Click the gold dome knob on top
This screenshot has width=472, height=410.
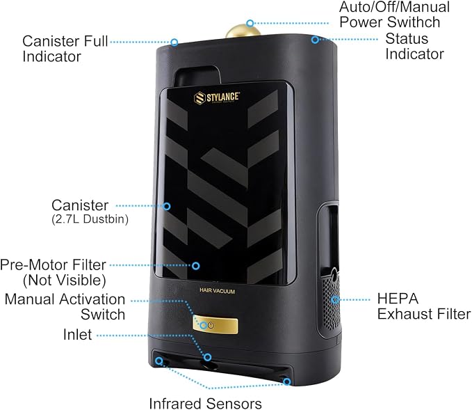243,31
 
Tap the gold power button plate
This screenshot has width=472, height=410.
215,326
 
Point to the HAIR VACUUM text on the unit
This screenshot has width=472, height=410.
217,291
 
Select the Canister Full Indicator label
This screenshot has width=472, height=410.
65,49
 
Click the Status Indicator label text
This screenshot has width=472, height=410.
414,46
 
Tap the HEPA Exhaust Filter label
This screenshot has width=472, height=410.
424,306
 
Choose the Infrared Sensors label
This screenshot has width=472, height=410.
205,403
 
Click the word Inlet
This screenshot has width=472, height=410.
77,334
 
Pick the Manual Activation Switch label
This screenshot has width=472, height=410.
65,307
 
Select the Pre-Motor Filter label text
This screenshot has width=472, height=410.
54,273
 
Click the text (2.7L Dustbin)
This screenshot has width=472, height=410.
90,219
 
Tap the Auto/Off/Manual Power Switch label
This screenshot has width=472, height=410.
394,15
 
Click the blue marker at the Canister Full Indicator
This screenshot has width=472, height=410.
174,42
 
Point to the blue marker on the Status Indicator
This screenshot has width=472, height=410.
315,40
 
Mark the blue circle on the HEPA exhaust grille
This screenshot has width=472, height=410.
335,299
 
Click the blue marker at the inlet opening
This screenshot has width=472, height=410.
207,357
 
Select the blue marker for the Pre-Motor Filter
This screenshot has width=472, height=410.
196,266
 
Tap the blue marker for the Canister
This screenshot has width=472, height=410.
167,206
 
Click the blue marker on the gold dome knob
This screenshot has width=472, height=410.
250,23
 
